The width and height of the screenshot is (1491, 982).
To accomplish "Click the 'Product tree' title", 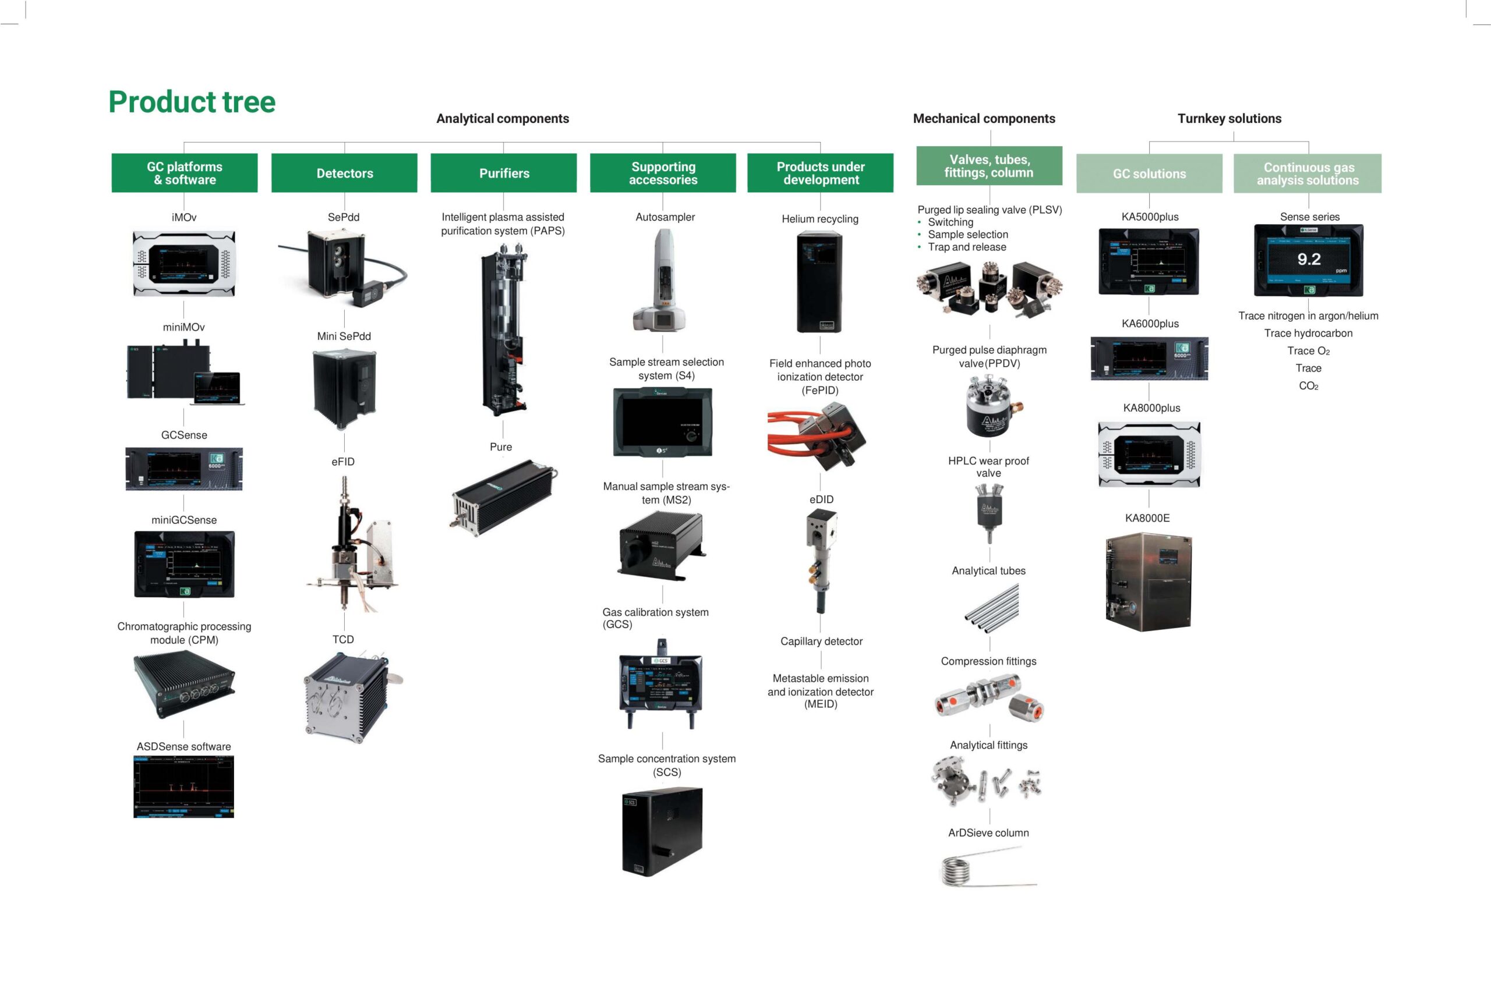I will [192, 101].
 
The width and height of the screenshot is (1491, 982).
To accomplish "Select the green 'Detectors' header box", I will [344, 173].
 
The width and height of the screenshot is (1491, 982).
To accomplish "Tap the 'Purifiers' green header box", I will [504, 173].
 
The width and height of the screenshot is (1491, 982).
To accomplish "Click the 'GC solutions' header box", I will [1149, 173].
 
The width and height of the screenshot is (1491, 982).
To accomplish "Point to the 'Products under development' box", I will [820, 173].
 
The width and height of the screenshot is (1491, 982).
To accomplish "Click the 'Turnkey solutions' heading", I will [1229, 118].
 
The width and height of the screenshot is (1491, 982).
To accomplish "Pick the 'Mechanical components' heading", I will [984, 118].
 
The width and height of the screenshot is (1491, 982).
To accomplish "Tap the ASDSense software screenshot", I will [183, 786].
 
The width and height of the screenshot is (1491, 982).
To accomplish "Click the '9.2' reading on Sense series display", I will [1309, 259].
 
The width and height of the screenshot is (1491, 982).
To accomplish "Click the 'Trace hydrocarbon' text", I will [1308, 333].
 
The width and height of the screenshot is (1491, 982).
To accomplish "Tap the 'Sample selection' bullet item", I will [968, 234].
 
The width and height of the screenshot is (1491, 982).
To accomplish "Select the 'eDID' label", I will [821, 499].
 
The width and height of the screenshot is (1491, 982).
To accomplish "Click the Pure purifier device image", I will [503, 497].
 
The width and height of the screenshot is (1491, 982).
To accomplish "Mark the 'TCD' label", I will [343, 639].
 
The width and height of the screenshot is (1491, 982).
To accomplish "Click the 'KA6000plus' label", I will [1150, 324].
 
